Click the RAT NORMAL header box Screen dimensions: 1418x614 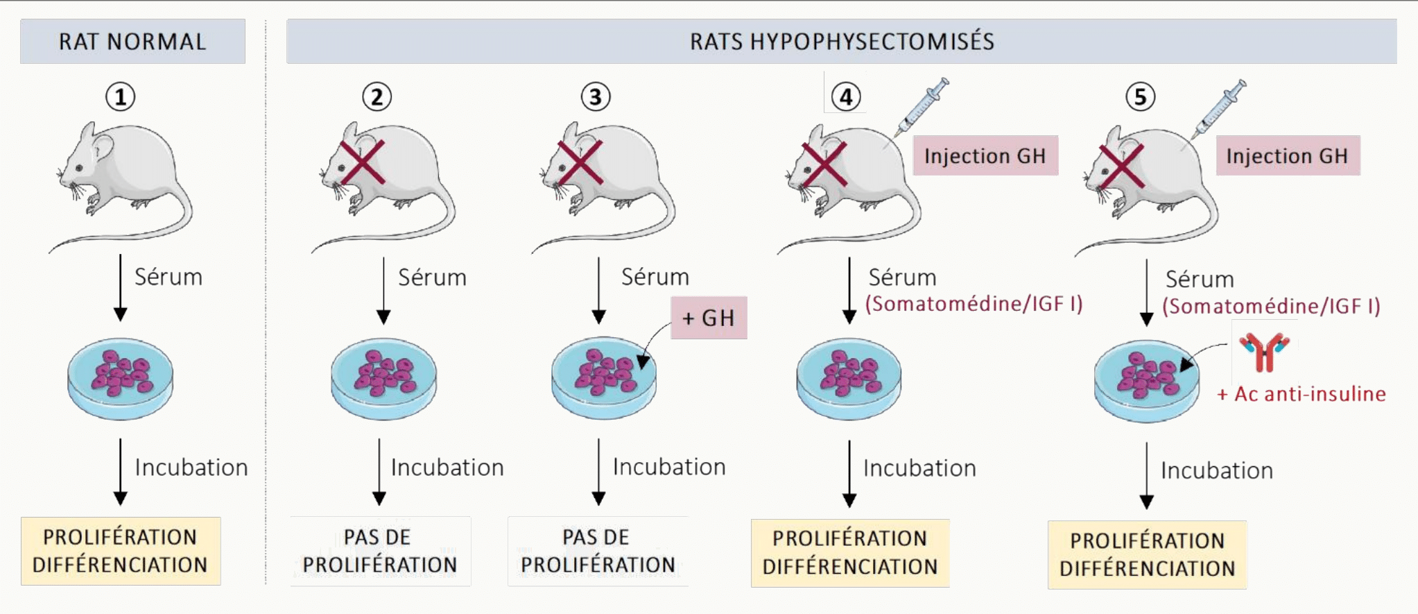click(132, 42)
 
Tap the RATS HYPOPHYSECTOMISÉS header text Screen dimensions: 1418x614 click(842, 42)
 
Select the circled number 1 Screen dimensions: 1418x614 click(120, 96)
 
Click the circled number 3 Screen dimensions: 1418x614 click(596, 96)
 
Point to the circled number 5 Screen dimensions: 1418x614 click(1141, 96)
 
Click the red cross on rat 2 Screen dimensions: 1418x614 click(362, 162)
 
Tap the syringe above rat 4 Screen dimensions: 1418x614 click(922, 107)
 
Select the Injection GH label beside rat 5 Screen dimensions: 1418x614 click(1288, 155)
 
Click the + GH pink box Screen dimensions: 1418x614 click(709, 318)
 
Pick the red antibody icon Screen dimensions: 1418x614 click(1264, 352)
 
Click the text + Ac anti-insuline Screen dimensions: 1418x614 click(1302, 394)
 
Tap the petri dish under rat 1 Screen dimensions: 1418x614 click(120, 378)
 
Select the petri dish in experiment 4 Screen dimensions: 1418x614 click(849, 379)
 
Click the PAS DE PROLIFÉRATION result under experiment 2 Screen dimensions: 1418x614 click(380, 551)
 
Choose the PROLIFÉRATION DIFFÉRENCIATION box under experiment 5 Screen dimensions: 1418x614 click(1147, 554)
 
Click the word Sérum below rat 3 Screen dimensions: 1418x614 click(655, 277)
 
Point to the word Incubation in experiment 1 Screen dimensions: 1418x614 click(191, 468)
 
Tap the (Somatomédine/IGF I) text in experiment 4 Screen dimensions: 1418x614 click(974, 304)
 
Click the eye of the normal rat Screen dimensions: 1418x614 click(80, 168)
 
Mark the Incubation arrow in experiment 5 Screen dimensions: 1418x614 click(1147, 476)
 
